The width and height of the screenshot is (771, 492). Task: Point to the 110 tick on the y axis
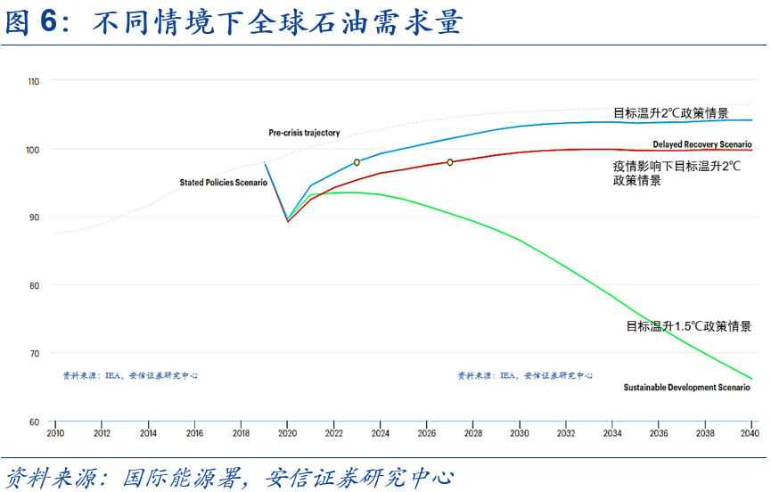tap(34, 81)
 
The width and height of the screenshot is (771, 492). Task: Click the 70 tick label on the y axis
tap(34, 354)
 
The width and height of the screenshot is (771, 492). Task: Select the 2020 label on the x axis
tap(287, 433)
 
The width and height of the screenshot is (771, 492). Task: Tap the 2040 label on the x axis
tap(750, 433)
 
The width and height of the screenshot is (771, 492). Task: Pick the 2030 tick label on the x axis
tap(518, 433)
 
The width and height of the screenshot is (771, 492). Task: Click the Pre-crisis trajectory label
tap(304, 133)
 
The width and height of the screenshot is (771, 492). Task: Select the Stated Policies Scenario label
tap(223, 183)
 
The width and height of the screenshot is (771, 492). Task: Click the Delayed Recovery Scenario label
tap(701, 144)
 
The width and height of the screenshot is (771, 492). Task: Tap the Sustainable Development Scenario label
tap(686, 388)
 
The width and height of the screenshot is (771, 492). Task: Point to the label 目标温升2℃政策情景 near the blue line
tap(670, 113)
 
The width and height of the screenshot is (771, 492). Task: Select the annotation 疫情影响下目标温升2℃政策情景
tap(664, 173)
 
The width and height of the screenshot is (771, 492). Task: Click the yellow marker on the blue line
tap(357, 162)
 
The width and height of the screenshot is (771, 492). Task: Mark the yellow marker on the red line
tap(450, 162)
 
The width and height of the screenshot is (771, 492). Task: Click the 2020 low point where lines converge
tap(287, 220)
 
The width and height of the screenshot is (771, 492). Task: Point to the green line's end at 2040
tap(751, 379)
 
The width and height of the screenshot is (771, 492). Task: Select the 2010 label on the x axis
tap(55, 433)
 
